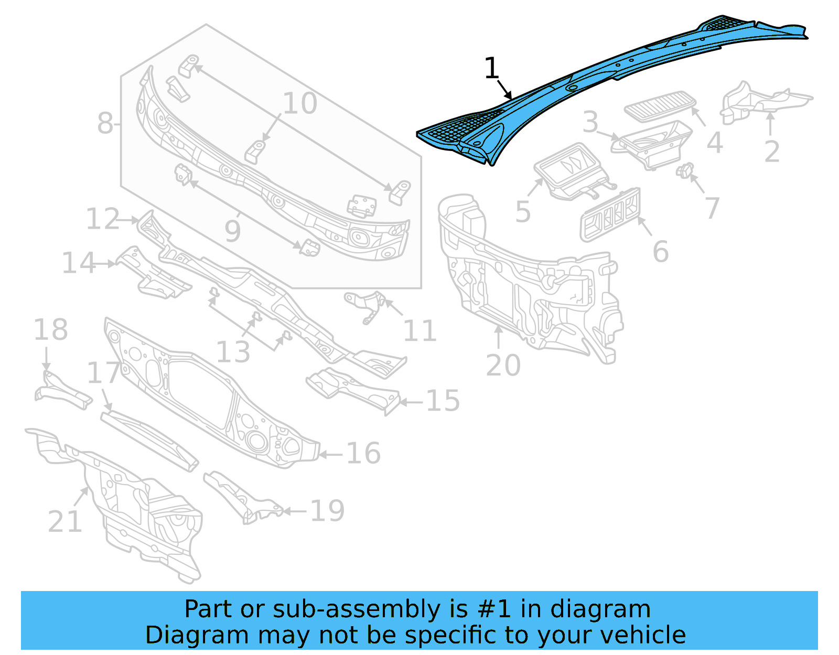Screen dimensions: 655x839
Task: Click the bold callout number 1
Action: click(x=491, y=69)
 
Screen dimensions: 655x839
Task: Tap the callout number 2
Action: click(x=772, y=152)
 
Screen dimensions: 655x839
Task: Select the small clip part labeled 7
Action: click(x=685, y=170)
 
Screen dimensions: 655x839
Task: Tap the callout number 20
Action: click(x=503, y=365)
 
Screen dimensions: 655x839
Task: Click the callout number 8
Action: click(x=105, y=124)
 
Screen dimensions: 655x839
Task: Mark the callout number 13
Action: click(x=233, y=352)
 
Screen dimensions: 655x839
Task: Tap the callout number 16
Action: click(x=363, y=453)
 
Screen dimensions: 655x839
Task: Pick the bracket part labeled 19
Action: click(x=241, y=496)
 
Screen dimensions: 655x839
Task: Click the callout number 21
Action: click(x=65, y=521)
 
